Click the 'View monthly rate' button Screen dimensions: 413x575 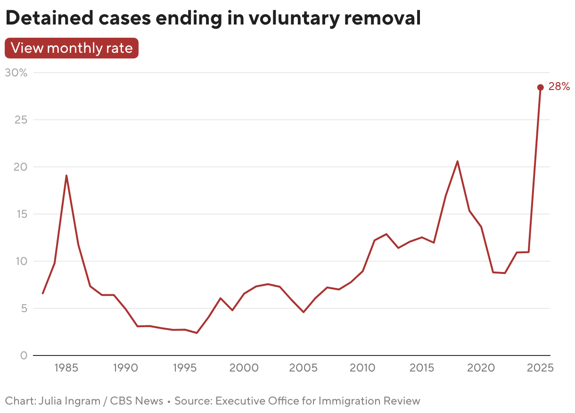tap(72, 48)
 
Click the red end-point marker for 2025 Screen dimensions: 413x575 tap(540, 87)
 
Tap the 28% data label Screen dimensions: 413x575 tap(559, 87)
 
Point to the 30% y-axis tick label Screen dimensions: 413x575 tap(16, 73)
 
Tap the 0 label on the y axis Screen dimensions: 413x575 tap(24, 355)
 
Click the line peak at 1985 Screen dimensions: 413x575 tap(66, 176)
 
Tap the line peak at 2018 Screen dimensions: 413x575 tap(457, 161)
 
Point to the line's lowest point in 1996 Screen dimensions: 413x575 tap(197, 333)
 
